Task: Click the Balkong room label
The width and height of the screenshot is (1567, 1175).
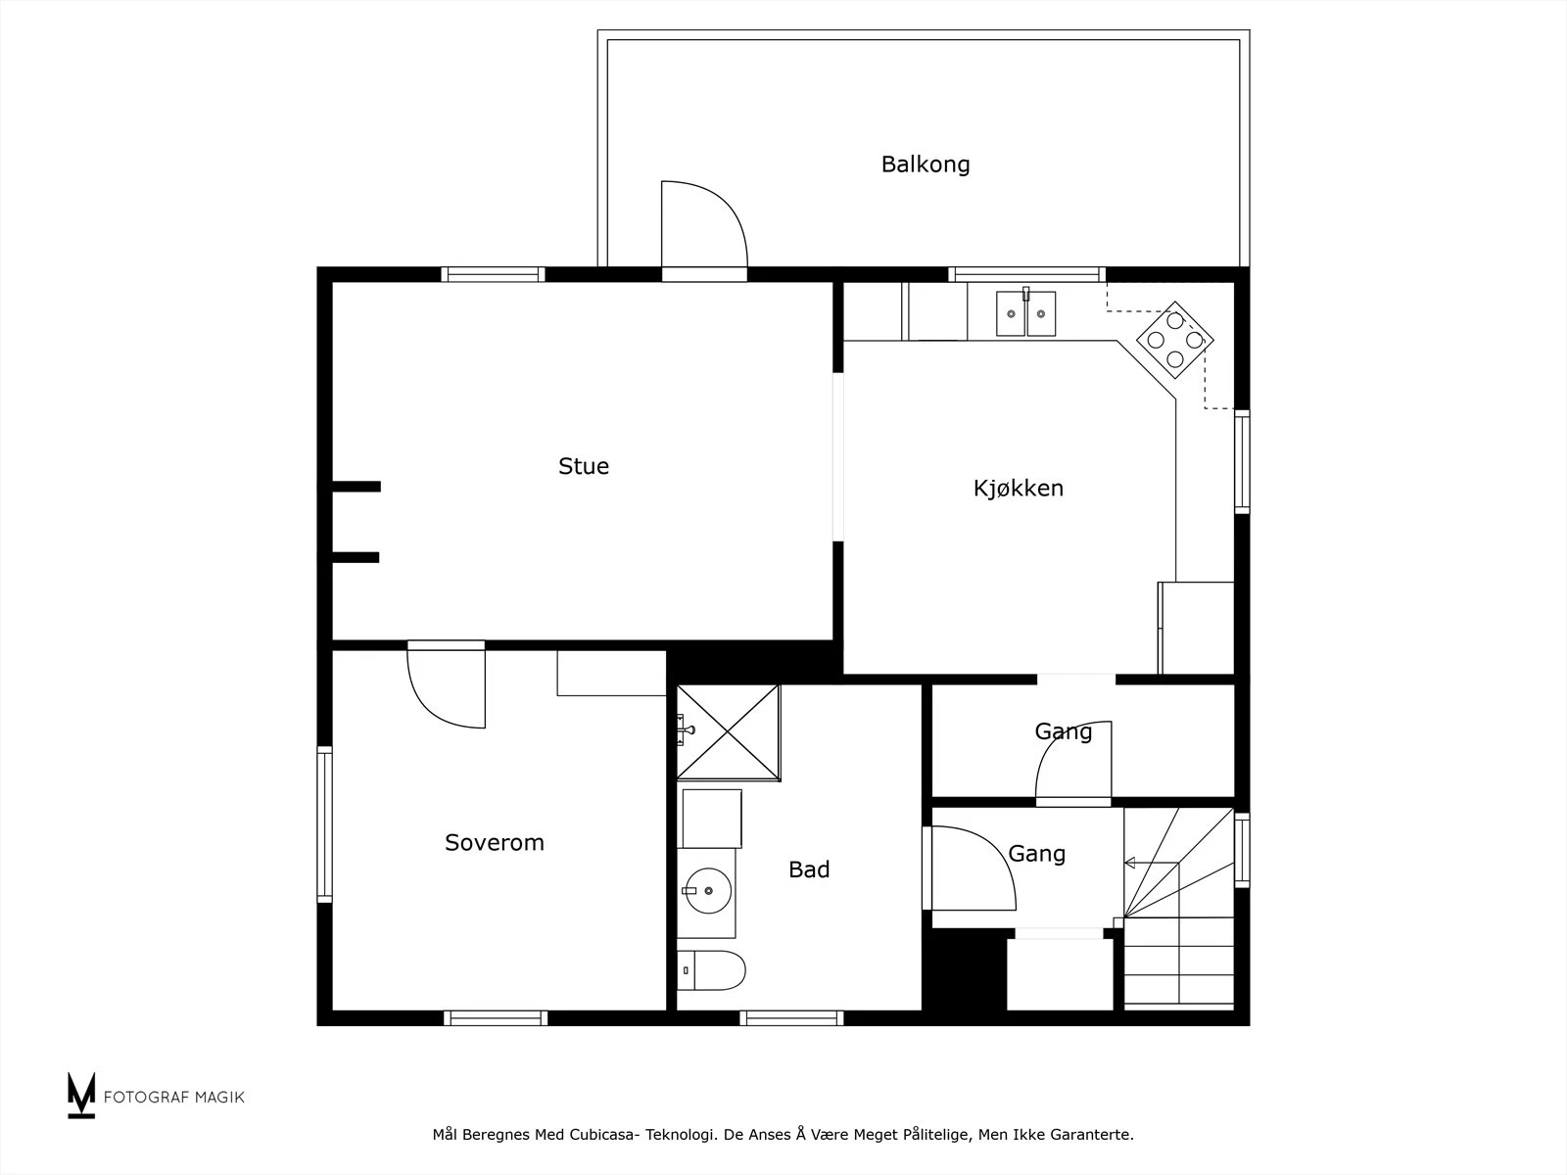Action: click(926, 164)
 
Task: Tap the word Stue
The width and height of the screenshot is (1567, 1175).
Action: click(584, 467)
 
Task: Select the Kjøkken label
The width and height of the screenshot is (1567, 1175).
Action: click(1018, 488)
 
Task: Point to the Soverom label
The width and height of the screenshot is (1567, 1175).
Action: click(494, 842)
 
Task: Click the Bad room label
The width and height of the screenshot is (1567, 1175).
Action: click(809, 869)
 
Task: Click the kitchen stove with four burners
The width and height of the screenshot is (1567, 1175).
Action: click(1175, 340)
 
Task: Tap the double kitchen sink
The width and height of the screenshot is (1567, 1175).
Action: click(1025, 312)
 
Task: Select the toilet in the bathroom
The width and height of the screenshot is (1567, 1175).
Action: click(711, 970)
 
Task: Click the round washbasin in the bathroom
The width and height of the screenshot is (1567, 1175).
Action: click(708, 891)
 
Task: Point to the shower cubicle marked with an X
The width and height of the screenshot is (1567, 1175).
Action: click(729, 732)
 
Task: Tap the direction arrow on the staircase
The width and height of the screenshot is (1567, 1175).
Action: click(1151, 864)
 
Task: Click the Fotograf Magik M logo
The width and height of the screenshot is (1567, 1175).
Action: click(80, 1095)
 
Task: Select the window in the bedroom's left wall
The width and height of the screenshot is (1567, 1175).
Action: click(324, 824)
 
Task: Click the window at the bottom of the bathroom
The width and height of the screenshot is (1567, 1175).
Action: click(791, 1018)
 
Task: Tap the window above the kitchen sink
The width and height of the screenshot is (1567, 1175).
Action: click(1026, 275)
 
